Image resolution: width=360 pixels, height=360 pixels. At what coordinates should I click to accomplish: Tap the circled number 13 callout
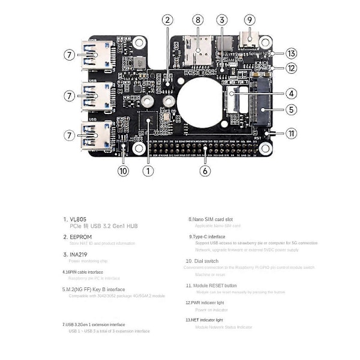pyautogui.click(x=291, y=53)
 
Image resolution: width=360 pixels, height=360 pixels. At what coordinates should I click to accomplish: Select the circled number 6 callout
pyautogui.click(x=206, y=170)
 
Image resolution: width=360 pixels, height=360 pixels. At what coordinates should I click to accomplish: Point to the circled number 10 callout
pyautogui.click(x=123, y=170)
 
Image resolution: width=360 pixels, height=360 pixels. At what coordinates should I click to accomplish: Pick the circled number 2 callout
pyautogui.click(x=167, y=20)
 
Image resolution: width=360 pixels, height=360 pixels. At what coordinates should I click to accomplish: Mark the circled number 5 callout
pyautogui.click(x=291, y=109)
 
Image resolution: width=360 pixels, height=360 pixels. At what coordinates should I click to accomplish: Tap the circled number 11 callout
pyautogui.click(x=291, y=133)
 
